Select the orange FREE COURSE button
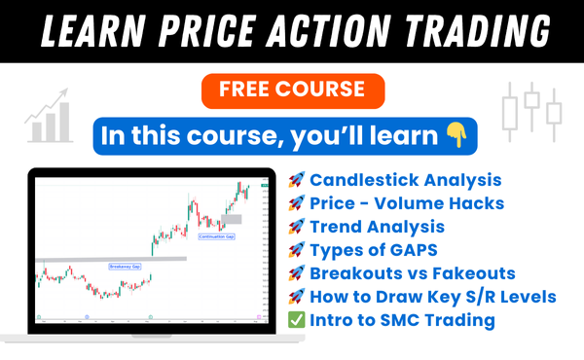coord(291,90)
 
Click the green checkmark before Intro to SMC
coord(295,319)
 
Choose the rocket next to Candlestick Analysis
coord(295,180)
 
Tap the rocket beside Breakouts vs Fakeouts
coord(295,273)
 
